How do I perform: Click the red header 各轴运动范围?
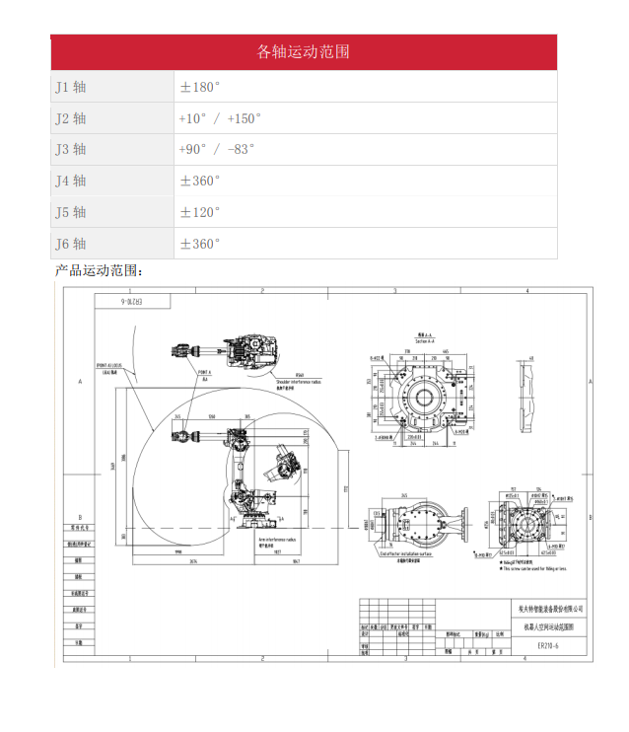(303, 52)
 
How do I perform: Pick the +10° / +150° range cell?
(220, 118)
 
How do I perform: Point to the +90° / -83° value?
(216, 149)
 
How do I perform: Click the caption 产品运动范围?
(99, 270)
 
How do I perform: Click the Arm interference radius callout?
(279, 541)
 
